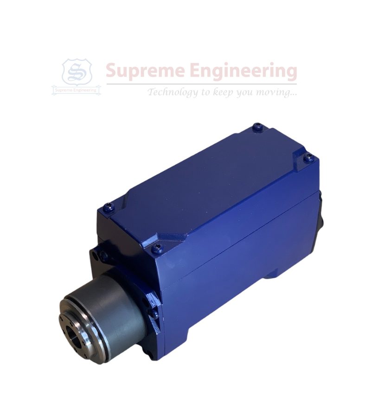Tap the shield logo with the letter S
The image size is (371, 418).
click(77, 72)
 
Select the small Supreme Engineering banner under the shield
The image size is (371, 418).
click(77, 90)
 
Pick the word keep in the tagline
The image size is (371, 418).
click(223, 92)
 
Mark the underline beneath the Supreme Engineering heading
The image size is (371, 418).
click(201, 84)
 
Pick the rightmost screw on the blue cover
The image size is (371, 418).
click(308, 157)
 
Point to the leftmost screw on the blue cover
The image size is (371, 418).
click(108, 208)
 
